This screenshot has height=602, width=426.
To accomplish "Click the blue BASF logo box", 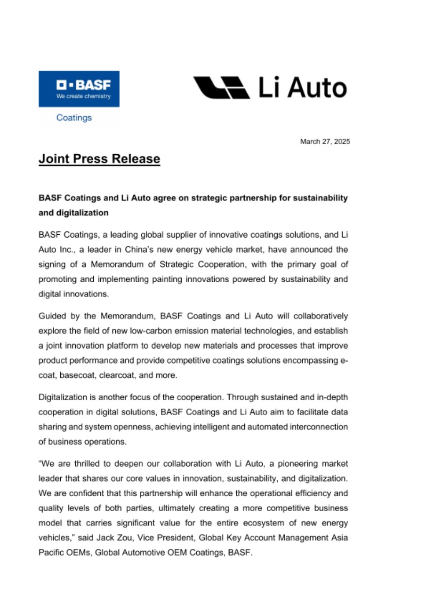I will [79, 88].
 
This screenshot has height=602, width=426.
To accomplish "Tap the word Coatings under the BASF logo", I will [74, 118].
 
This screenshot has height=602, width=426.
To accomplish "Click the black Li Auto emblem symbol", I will [221, 88].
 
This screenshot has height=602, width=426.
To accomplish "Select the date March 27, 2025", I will [325, 141].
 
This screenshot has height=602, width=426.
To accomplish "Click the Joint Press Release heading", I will [99, 159].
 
